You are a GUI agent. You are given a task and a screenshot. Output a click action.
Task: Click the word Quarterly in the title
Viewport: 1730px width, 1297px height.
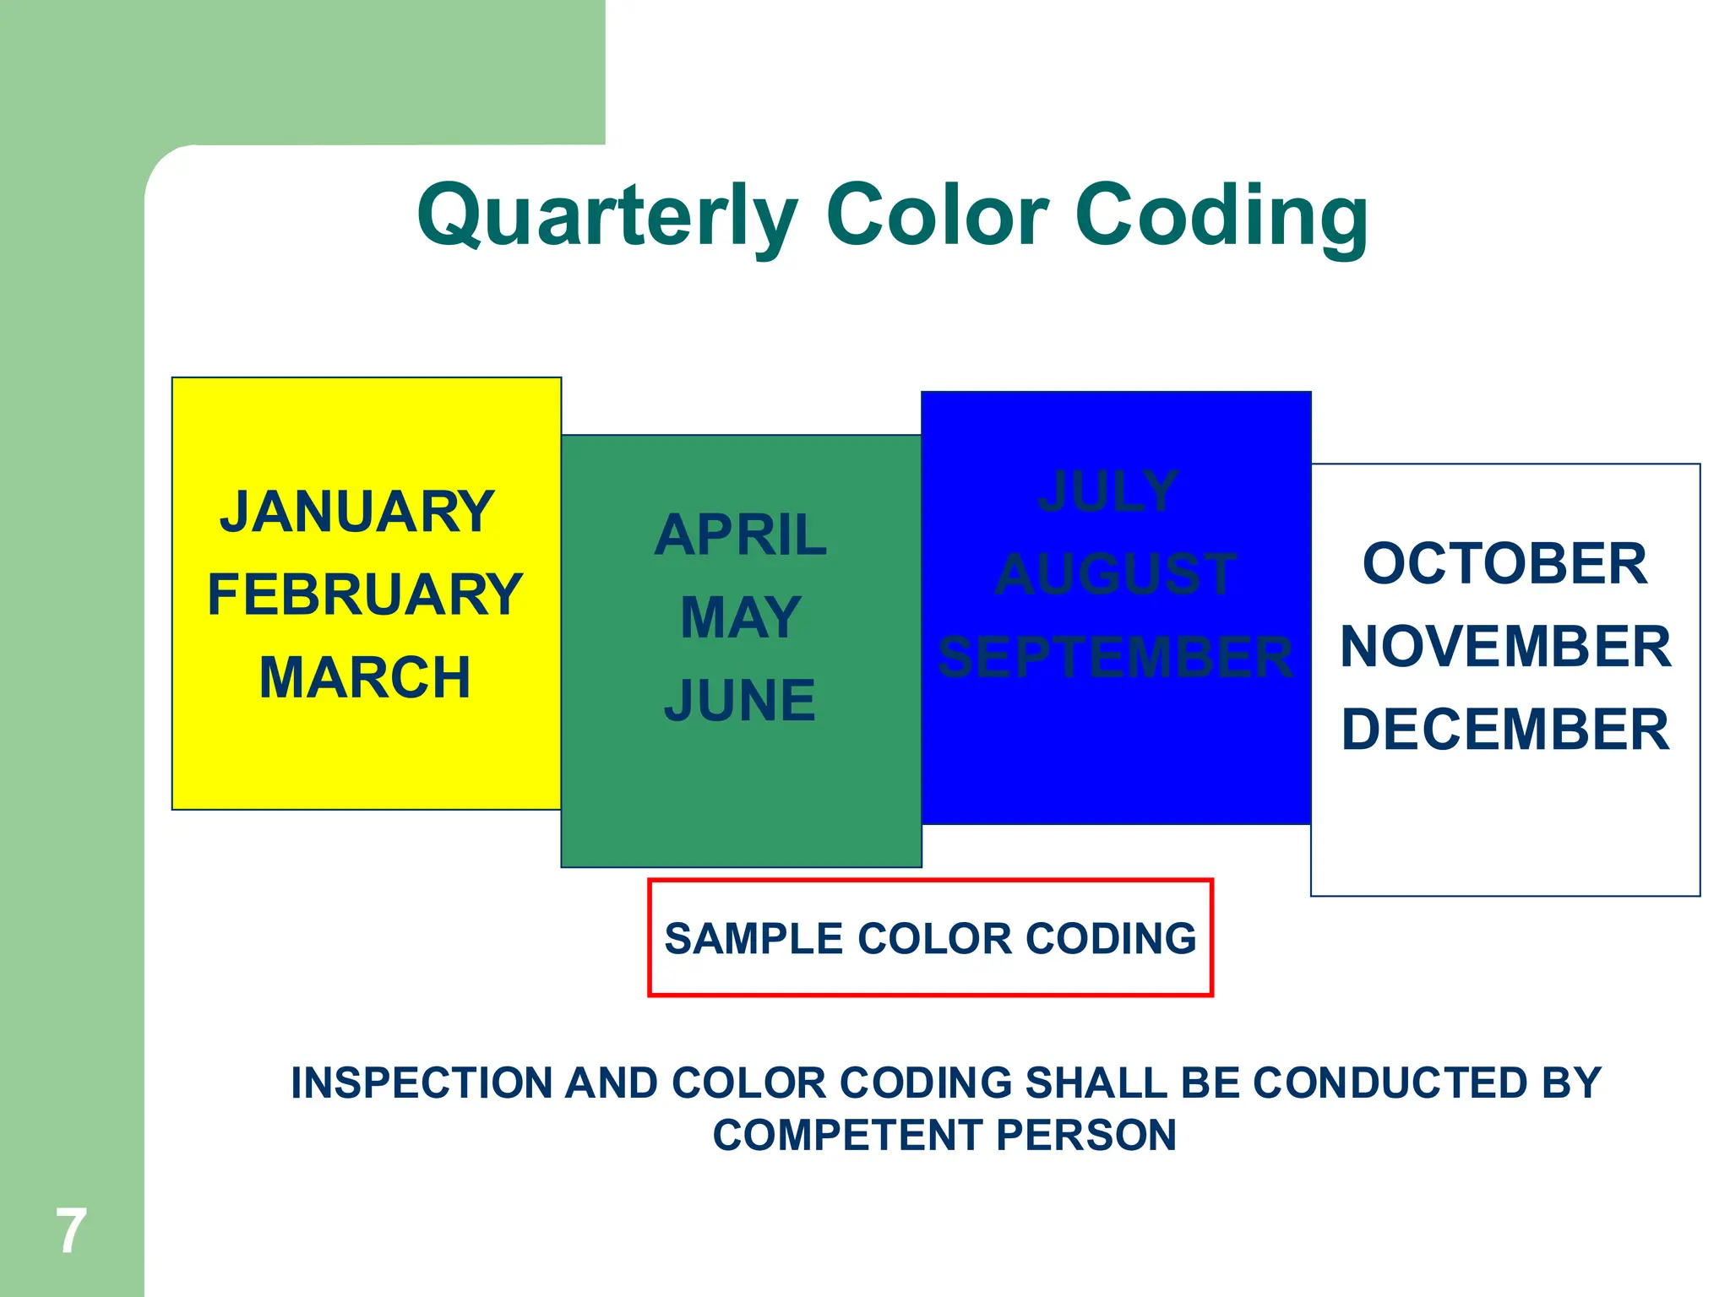(607, 216)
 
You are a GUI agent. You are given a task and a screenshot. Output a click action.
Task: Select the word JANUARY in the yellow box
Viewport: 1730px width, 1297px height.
(356, 513)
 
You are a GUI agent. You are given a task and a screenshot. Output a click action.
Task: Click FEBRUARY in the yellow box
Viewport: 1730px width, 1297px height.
(365, 594)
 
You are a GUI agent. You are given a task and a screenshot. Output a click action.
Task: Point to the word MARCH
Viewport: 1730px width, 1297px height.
(365, 677)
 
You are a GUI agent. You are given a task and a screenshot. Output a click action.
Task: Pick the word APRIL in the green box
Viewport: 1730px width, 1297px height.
(741, 535)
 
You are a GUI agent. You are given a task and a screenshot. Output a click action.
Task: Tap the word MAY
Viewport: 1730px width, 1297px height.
(741, 617)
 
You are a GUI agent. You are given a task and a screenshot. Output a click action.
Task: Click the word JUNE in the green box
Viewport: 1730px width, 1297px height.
(741, 700)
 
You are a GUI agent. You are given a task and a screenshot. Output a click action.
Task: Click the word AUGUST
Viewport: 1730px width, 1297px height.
(1115, 574)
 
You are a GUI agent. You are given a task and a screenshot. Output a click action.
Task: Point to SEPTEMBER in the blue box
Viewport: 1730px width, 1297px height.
(1115, 657)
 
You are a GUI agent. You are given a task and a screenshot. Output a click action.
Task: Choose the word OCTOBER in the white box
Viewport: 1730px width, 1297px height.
(1504, 564)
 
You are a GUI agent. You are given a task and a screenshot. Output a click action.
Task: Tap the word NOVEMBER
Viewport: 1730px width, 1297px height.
(1505, 647)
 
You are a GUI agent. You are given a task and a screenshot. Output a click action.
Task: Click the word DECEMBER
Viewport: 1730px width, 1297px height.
(1505, 730)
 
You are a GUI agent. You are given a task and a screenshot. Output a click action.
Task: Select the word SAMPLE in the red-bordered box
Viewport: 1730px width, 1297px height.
(753, 939)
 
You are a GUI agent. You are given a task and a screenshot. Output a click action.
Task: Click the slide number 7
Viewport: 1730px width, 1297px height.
(71, 1231)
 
